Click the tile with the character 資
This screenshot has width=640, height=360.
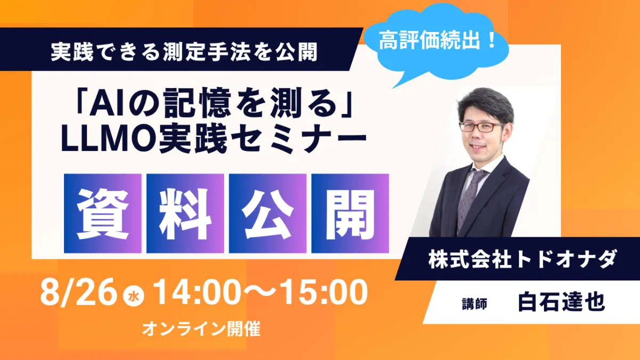click(x=102, y=213)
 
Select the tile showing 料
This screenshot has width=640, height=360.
click(x=185, y=213)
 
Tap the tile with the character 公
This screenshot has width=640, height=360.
click(x=268, y=213)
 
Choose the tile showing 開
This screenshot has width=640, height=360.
click(x=350, y=213)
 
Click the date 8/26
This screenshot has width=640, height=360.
click(x=78, y=293)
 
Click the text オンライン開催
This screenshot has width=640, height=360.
click(x=202, y=329)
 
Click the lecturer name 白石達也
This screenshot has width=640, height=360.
click(x=562, y=302)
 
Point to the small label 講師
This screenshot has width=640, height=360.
click(x=475, y=303)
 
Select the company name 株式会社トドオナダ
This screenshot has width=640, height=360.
click(x=522, y=259)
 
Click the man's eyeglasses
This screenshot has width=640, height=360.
click(x=481, y=126)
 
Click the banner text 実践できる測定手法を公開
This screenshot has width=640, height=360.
click(x=184, y=52)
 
